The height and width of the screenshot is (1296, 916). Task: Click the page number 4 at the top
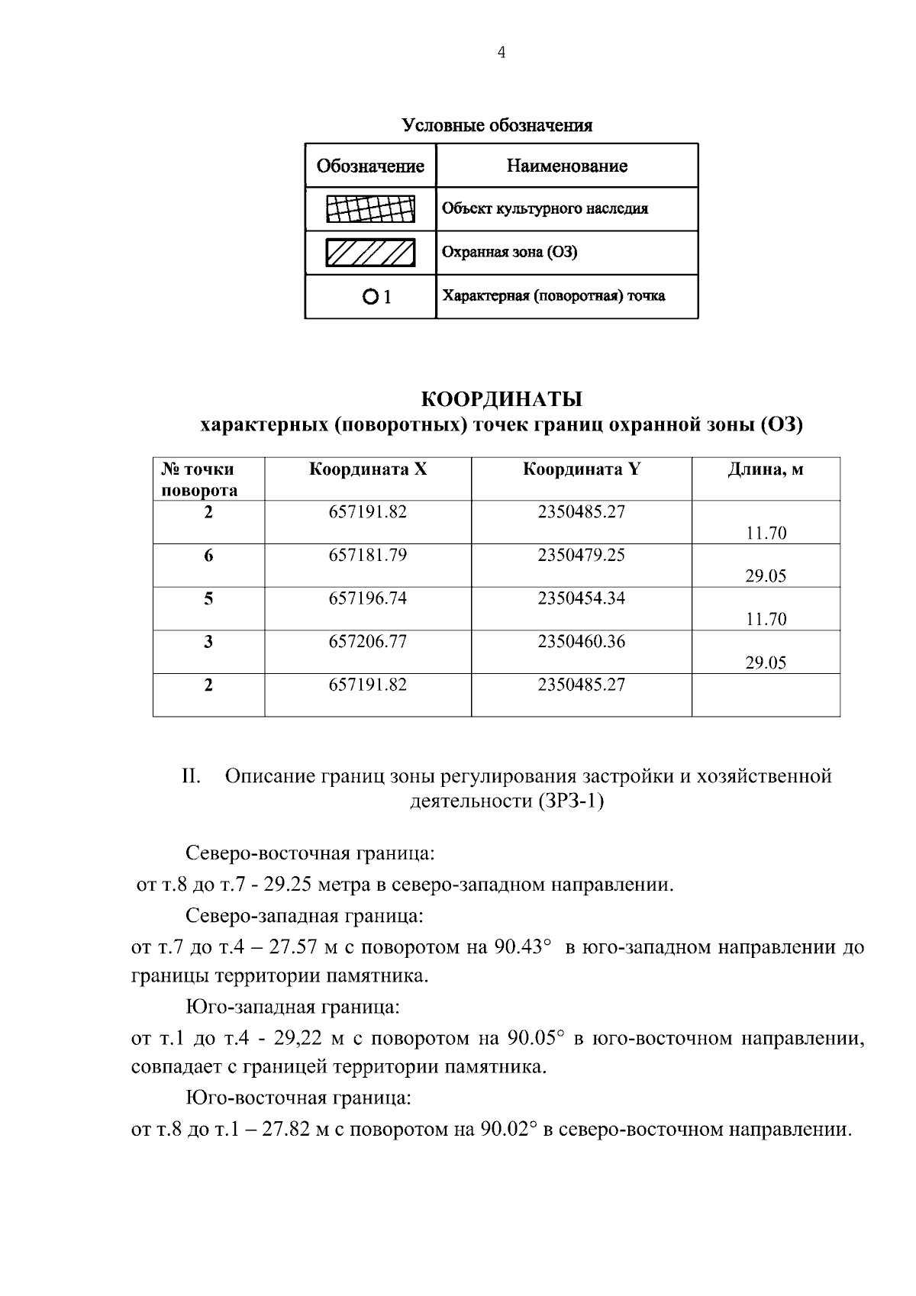click(502, 53)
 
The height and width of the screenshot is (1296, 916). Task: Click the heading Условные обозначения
click(497, 125)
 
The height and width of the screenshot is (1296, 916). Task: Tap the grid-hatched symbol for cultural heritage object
click(370, 209)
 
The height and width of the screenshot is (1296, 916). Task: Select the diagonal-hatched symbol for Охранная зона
click(370, 253)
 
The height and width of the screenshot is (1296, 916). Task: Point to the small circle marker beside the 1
click(370, 297)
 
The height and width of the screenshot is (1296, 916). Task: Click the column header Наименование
click(566, 166)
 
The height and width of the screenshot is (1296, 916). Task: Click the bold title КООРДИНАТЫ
click(502, 399)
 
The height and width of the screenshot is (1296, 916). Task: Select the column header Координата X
click(368, 469)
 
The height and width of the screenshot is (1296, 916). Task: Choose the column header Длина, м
click(765, 469)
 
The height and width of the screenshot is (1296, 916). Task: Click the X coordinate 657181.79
click(368, 555)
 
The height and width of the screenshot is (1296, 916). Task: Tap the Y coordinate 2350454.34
click(581, 598)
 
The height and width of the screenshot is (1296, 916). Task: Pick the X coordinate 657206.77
click(368, 642)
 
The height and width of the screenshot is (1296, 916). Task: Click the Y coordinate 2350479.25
click(581, 555)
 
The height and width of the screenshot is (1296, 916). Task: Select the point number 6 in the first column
click(208, 556)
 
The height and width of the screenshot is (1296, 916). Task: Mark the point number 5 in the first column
click(208, 599)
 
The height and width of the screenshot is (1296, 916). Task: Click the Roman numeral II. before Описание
click(191, 777)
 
